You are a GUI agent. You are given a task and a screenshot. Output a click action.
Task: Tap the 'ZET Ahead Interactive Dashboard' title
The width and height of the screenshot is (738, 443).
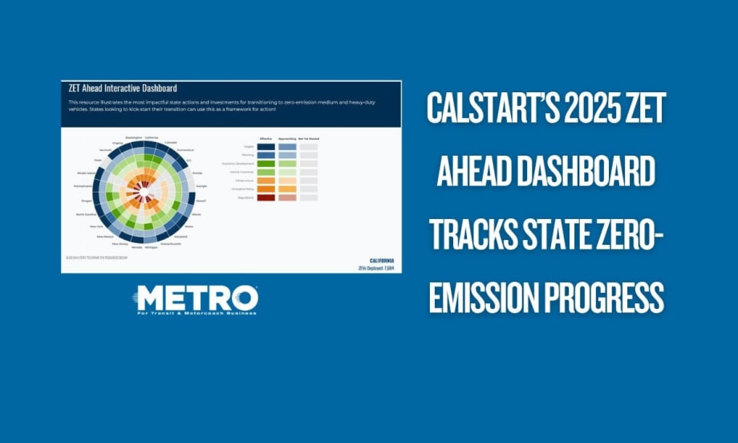[123, 88]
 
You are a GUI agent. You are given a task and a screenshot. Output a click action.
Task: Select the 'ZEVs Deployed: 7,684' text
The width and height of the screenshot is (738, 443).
[378, 268]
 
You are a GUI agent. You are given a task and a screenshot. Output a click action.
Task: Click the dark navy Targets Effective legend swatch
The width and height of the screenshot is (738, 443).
[266, 147]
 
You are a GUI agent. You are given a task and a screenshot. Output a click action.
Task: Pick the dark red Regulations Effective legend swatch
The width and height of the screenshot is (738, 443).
[266, 197]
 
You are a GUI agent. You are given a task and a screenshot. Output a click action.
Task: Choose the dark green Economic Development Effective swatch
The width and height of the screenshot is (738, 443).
[266, 164]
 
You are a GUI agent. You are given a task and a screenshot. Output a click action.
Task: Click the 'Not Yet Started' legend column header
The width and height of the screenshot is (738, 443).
[309, 139]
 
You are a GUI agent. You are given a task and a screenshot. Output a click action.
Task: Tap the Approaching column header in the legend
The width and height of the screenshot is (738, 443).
[287, 139]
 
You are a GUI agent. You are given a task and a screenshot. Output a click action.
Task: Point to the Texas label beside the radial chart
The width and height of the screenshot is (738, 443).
[97, 160]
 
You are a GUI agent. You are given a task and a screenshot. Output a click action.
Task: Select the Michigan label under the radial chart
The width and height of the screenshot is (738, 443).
[150, 248]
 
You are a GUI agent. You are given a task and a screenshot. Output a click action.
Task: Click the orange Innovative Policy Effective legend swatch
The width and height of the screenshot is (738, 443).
[266, 189]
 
